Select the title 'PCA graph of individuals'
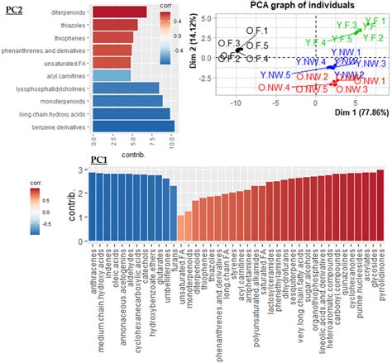294,6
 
